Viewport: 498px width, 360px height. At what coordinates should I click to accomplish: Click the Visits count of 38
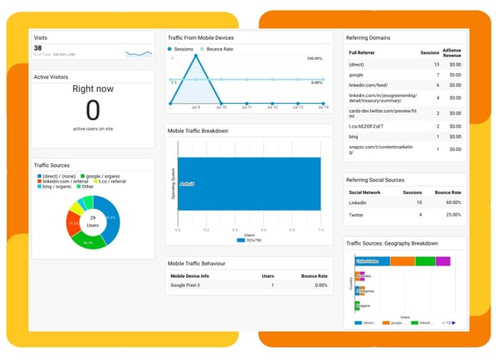(x=38, y=48)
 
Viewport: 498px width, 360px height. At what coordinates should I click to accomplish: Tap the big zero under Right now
(x=93, y=110)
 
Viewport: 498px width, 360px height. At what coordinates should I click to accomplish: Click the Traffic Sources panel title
(x=51, y=166)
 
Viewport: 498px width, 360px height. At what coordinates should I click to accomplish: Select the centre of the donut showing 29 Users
(x=93, y=221)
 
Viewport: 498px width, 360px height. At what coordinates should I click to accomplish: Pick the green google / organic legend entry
(x=104, y=176)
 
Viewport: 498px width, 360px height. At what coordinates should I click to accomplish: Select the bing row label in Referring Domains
(x=354, y=136)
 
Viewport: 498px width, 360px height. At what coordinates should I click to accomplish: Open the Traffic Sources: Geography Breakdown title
(x=391, y=243)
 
